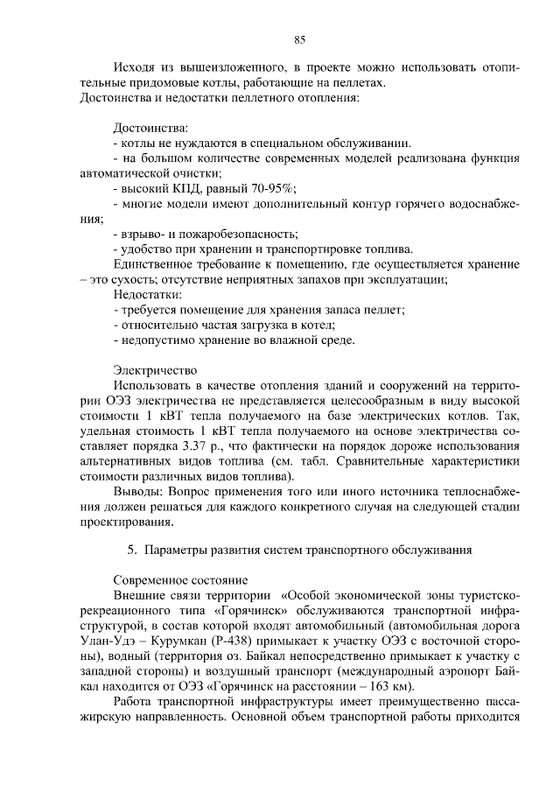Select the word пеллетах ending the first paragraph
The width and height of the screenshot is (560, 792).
pyautogui.click(x=360, y=82)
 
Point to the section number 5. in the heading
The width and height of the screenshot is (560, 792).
pyautogui.click(x=132, y=550)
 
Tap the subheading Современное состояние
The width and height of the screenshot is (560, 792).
pyautogui.click(x=182, y=581)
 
